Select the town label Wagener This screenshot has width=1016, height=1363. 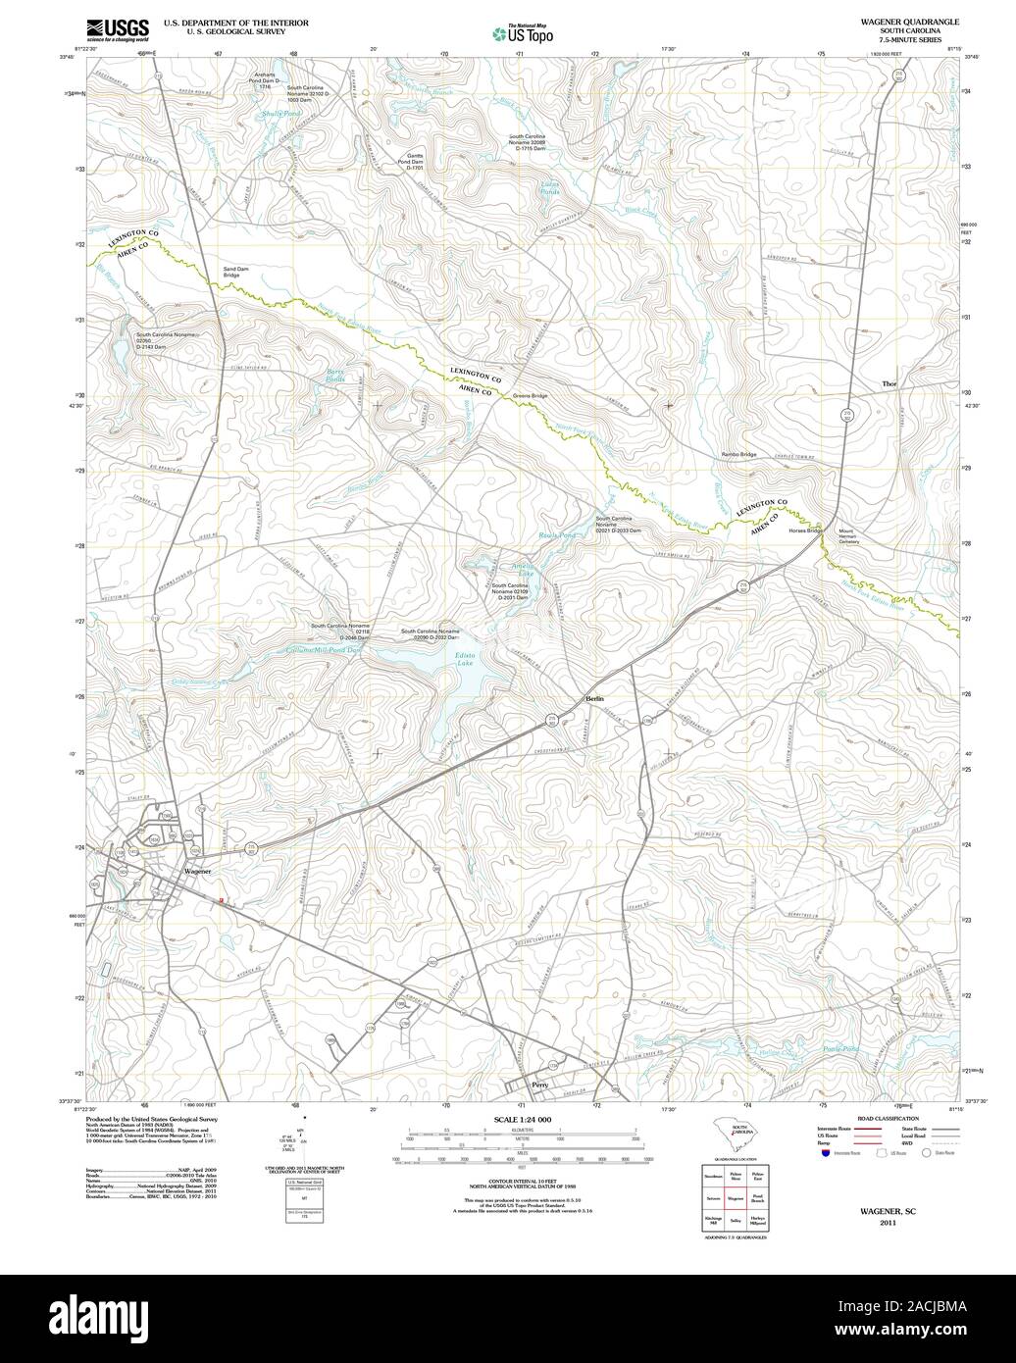pyautogui.click(x=196, y=871)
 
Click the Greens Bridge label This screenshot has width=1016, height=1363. pyautogui.click(x=530, y=396)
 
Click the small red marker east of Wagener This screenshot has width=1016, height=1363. pyautogui.click(x=223, y=900)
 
